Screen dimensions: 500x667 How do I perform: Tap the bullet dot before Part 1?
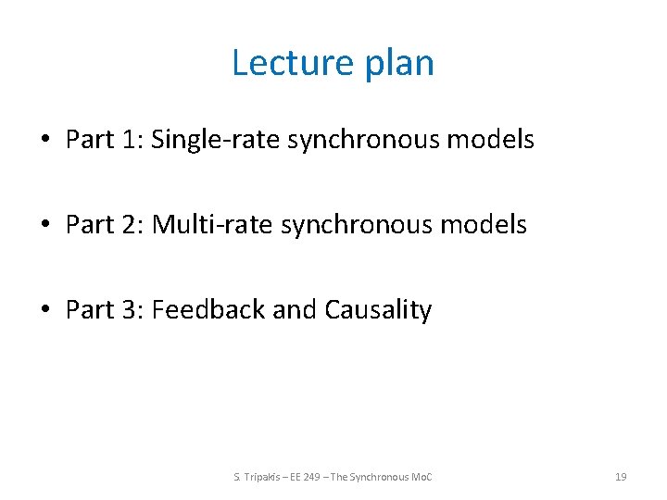click(44, 141)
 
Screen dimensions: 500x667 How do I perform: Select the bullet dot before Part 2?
click(44, 225)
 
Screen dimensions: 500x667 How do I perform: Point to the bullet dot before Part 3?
click(44, 309)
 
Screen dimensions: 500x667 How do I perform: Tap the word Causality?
click(378, 310)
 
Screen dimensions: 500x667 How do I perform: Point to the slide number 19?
click(621, 477)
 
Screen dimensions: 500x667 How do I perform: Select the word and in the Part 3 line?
click(295, 309)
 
